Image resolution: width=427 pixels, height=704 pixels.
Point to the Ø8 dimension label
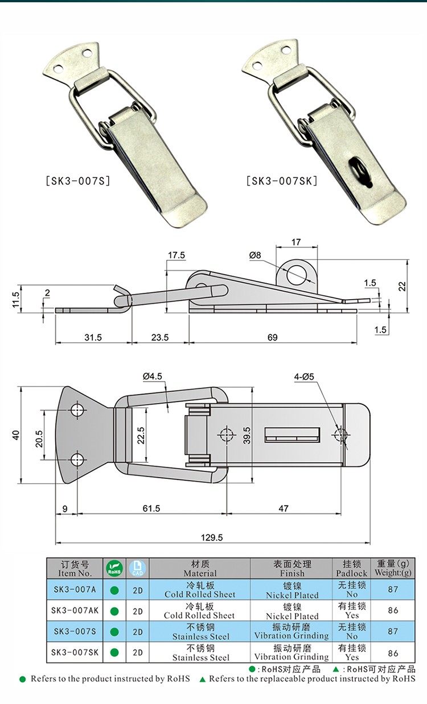coord(254,256)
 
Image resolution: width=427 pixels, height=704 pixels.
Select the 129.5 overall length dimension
coord(212,536)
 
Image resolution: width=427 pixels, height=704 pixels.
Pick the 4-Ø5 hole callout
coord(305,376)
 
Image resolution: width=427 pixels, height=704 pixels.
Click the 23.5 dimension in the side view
coord(160,337)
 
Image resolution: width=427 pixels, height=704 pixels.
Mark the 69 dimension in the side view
coord(272,337)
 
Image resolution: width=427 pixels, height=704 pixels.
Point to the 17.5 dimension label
coord(176,255)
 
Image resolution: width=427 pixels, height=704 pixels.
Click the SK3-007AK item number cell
coord(75,611)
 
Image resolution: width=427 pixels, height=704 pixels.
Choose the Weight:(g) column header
coord(393,568)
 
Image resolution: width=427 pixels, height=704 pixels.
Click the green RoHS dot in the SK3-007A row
coord(114,590)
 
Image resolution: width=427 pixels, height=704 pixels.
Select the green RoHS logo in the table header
coord(114,568)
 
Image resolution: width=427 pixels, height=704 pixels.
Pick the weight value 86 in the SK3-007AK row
coord(393,611)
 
